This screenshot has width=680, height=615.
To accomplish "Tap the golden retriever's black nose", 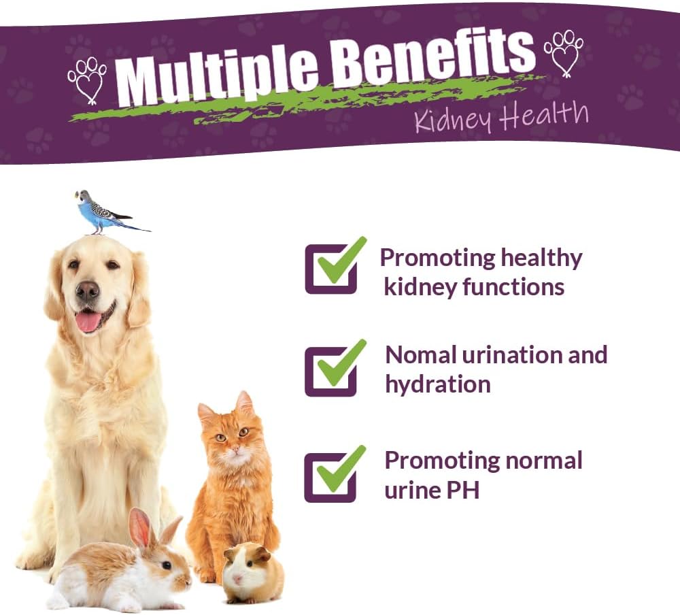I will pyautogui.click(x=87, y=292).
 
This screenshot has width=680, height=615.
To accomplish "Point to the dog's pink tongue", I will pyautogui.click(x=88, y=322).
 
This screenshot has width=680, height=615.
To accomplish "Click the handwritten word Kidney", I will pyautogui.click(x=452, y=121).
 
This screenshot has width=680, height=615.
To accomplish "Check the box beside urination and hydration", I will pyautogui.click(x=330, y=371).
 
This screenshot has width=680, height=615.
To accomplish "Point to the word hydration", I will pyautogui.click(x=437, y=384).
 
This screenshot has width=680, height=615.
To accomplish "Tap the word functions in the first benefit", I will pyautogui.click(x=513, y=286).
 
